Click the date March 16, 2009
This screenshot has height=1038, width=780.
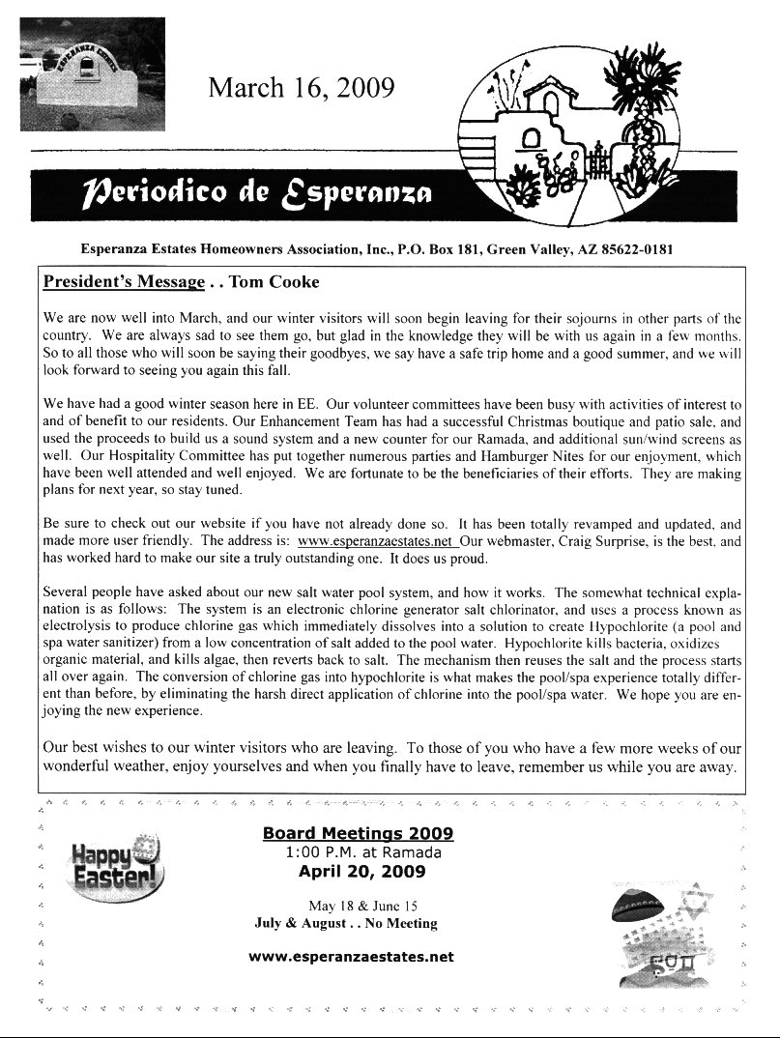pyautogui.click(x=302, y=89)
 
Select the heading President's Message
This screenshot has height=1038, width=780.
pyautogui.click(x=124, y=282)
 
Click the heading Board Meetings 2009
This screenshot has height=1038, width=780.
pyautogui.click(x=358, y=834)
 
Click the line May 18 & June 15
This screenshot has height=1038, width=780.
pyautogui.click(x=362, y=906)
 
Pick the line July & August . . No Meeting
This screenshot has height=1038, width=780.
pyautogui.click(x=345, y=923)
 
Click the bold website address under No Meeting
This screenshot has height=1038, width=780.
pyautogui.click(x=351, y=958)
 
